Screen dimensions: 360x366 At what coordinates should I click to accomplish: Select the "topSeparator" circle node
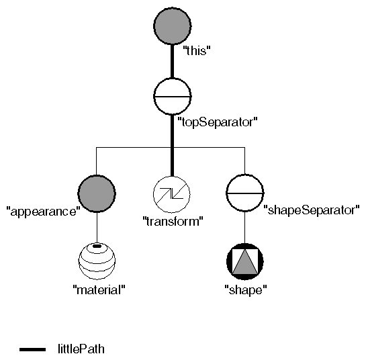coord(173,96)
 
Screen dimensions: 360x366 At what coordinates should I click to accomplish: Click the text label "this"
coord(197,49)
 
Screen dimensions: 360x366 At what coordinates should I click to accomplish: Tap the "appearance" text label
coord(43,210)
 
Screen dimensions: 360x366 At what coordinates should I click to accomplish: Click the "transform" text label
coord(173,221)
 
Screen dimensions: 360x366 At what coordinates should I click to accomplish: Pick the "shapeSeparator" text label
coord(312,210)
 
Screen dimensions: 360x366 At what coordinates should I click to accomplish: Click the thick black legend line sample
coord(32,349)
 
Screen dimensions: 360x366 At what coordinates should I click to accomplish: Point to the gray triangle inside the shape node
coord(244,263)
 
